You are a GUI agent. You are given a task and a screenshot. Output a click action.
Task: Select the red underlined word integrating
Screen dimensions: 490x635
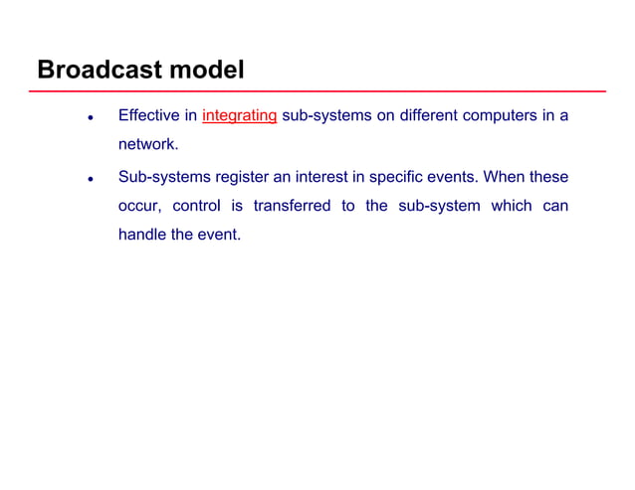[239, 115]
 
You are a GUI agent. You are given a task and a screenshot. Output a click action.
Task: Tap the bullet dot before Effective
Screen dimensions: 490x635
[91, 117]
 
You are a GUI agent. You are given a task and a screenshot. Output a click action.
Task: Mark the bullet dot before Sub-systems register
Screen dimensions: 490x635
[91, 180]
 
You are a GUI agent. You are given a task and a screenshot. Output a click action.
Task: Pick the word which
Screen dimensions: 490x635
[512, 207]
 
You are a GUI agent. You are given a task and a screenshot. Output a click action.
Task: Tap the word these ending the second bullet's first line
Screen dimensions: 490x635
[549, 177]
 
